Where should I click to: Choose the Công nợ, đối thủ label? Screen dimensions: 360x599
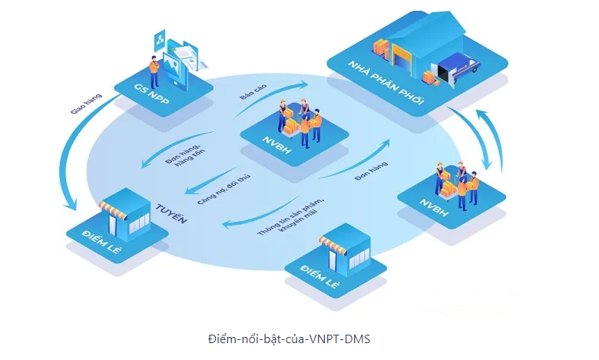click(217, 187)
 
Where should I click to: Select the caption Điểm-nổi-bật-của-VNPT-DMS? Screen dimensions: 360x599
click(290, 339)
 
